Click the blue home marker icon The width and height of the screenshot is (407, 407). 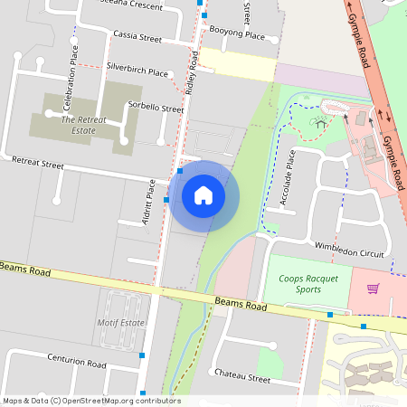203,194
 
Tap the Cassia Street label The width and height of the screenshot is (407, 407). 137,39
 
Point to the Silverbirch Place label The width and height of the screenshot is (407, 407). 137,70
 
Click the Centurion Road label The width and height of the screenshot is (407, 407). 77,364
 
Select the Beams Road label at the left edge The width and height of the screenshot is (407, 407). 24,269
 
